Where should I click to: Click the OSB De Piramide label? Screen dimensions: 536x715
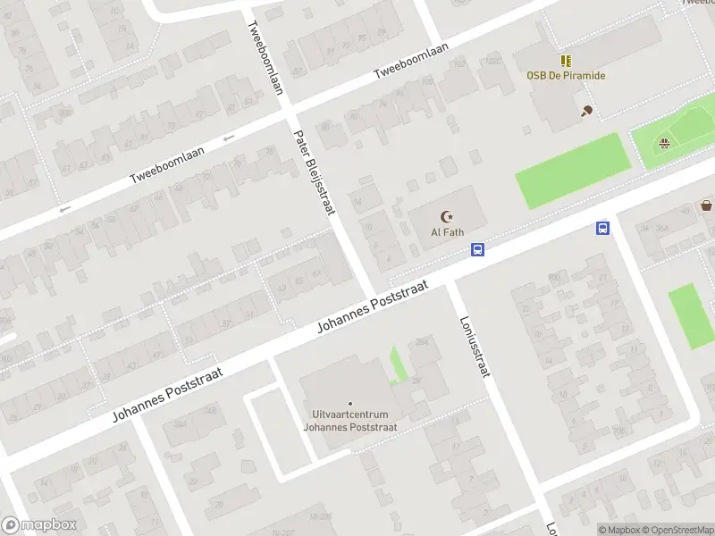(565, 75)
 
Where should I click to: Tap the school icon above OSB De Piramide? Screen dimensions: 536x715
(566, 60)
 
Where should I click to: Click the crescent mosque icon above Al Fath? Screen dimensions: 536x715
(447, 216)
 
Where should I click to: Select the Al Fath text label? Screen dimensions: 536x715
(447, 232)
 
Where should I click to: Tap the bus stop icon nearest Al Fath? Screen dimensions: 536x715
(478, 250)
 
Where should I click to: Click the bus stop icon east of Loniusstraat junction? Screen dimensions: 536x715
(603, 228)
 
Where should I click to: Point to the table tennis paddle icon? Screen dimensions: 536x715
(586, 111)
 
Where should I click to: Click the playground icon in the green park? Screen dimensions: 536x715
(664, 143)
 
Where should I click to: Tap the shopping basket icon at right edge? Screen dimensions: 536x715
(707, 205)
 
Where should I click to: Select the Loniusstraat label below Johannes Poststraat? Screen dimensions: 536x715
(474, 347)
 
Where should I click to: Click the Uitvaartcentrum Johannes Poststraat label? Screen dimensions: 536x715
(349, 421)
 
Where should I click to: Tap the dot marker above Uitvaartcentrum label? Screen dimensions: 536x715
(349, 404)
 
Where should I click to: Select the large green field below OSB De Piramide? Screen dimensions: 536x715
(568, 170)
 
